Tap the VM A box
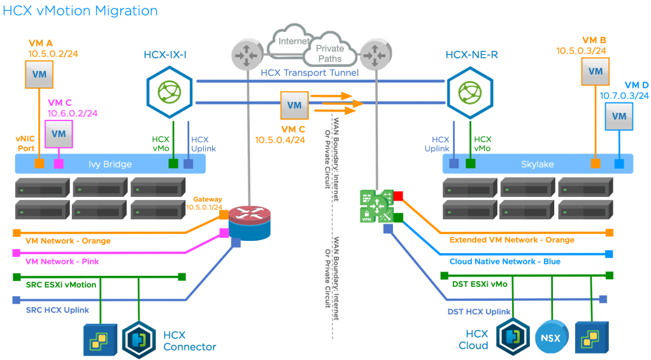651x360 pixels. [x=39, y=75]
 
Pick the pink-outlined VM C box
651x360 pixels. [x=59, y=133]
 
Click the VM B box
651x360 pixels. [x=596, y=71]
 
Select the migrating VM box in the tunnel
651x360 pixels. [x=294, y=104]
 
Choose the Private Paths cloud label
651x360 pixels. [x=329, y=54]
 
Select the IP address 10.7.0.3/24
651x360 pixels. [x=624, y=95]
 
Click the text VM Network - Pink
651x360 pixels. [x=62, y=261]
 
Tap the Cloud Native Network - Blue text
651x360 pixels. [x=504, y=261]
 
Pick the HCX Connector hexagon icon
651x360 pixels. [x=139, y=338]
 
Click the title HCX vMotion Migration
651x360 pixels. [x=80, y=11]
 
